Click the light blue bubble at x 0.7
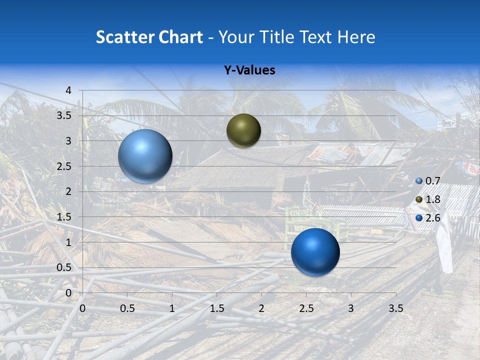click(145, 156)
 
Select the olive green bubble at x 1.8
click(243, 130)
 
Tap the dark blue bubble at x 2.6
click(315, 252)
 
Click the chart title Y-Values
click(249, 70)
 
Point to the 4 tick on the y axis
click(68, 90)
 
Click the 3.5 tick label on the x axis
click(395, 308)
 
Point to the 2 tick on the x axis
click(261, 308)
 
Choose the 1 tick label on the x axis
click(172, 308)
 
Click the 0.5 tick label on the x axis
click(127, 308)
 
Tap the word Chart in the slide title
click(180, 37)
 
